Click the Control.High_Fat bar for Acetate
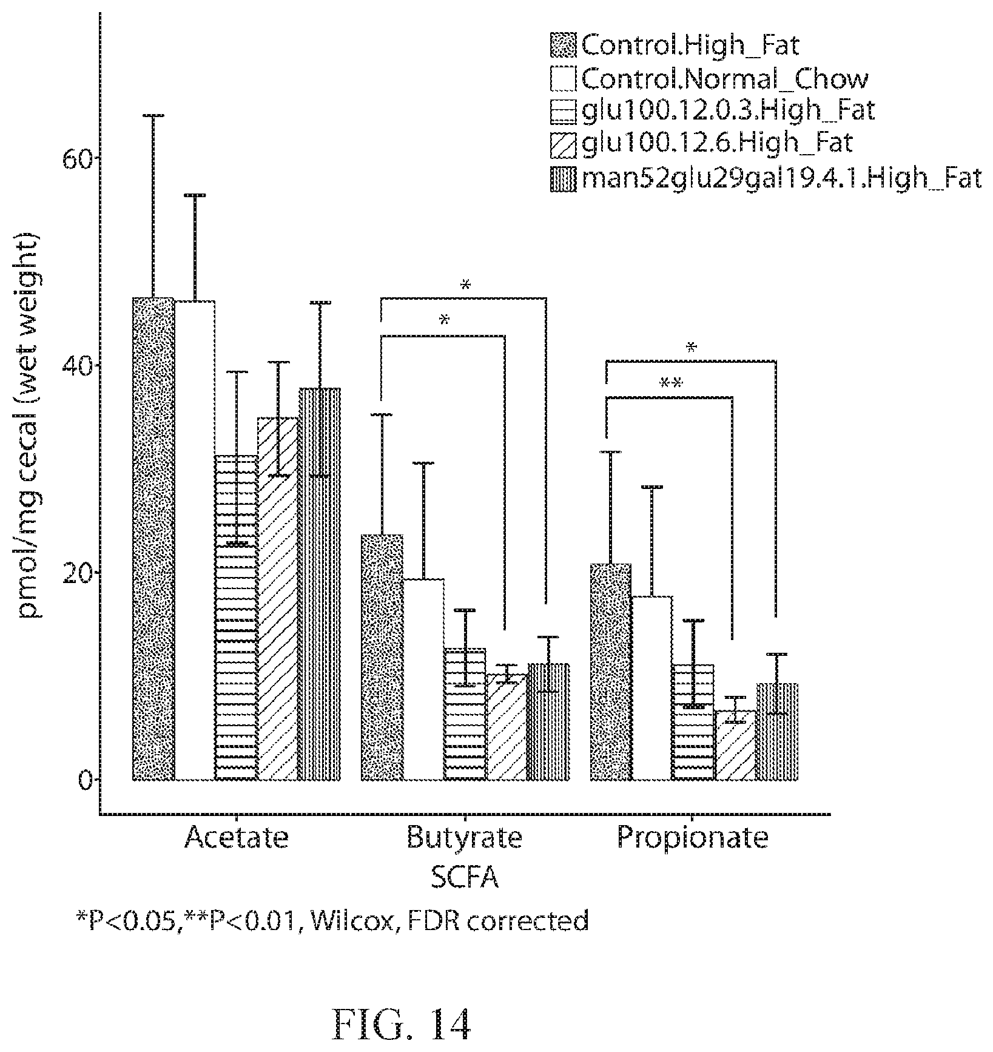pyautogui.click(x=153, y=539)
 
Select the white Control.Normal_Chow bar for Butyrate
pyautogui.click(x=423, y=679)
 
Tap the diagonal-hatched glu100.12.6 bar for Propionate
pyautogui.click(x=735, y=746)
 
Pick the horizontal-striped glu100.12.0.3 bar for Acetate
pyautogui.click(x=237, y=618)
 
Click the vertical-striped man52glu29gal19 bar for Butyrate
pyautogui.click(x=548, y=722)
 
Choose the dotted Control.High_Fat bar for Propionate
pyautogui.click(x=611, y=672)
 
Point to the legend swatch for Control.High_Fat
pyautogui.click(x=564, y=46)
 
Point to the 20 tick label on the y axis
pyautogui.click(x=72, y=573)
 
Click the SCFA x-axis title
pyautogui.click(x=465, y=878)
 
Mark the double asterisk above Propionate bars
pyautogui.click(x=672, y=384)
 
